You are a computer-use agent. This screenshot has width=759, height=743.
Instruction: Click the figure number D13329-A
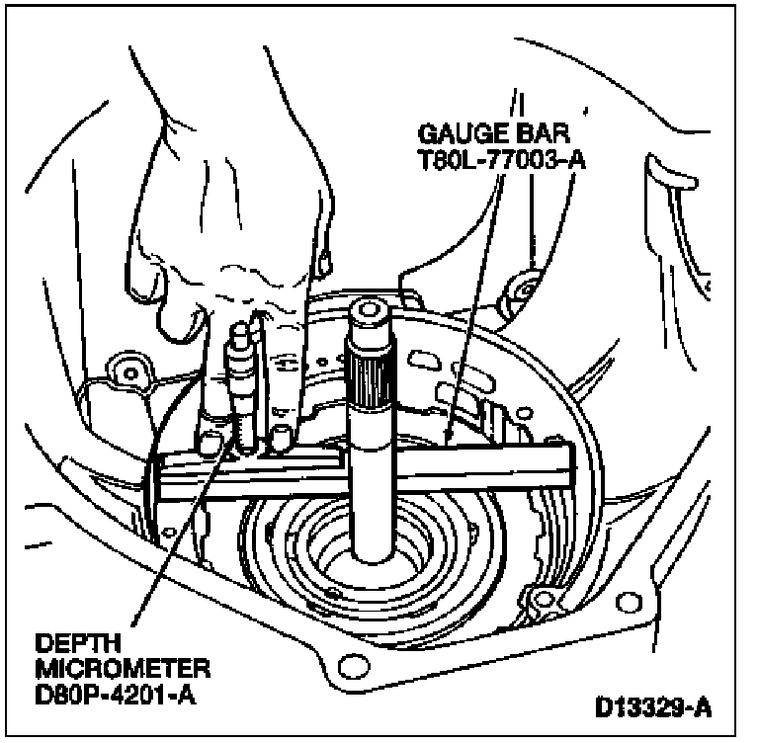point(653,707)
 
